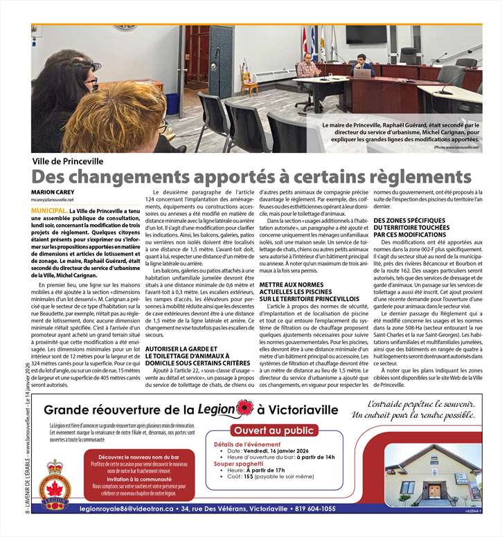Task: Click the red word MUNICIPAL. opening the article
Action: coord(49,208)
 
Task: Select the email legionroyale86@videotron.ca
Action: coord(129,509)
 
